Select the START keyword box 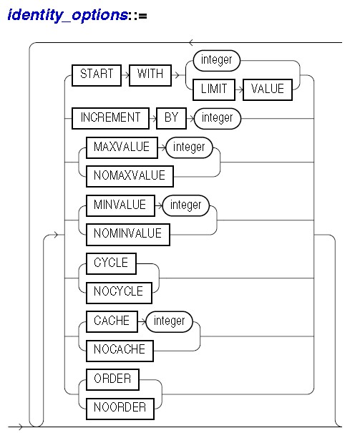[97, 75]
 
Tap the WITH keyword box [150, 75]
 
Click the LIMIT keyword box [214, 89]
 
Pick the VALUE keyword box [268, 89]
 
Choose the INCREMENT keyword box [110, 119]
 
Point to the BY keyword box [171, 119]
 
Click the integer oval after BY [218, 119]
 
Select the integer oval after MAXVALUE [189, 147]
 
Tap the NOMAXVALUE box [130, 177]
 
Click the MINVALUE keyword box [120, 205]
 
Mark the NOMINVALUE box [128, 235]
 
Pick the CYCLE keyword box [111, 263]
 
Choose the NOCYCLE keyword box [119, 293]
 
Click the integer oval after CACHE [169, 322]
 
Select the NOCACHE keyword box [120, 351]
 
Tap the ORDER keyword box [112, 380]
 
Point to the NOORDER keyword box [120, 409]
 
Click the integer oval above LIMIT [217, 60]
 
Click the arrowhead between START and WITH [127, 75]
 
